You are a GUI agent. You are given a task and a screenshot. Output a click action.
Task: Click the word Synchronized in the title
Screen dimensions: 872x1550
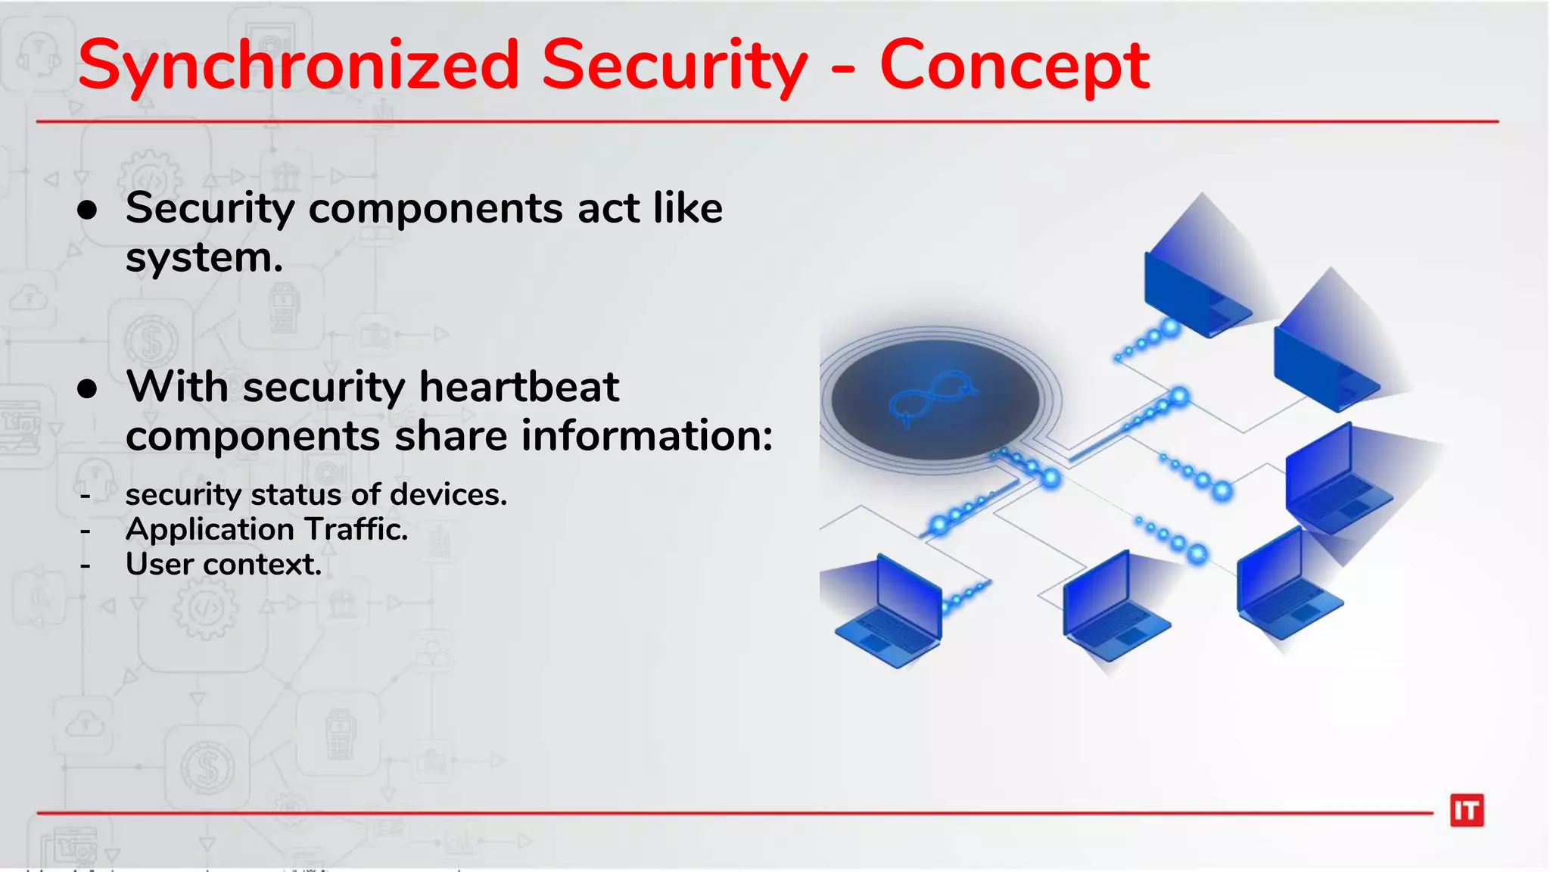(298, 67)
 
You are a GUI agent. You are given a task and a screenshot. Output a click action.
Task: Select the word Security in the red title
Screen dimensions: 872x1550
(674, 67)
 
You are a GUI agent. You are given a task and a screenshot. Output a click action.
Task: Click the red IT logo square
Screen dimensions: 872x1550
(1467, 811)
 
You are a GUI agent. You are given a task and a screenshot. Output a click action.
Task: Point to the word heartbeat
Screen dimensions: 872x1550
(519, 387)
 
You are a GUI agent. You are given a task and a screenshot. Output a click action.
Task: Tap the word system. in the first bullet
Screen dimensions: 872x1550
(204, 258)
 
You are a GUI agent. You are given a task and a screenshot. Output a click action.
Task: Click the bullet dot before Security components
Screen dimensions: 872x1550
(88, 210)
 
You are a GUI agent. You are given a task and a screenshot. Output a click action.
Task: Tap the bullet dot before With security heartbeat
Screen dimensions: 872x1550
(88, 389)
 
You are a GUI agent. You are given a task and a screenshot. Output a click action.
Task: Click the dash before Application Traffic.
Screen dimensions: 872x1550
(86, 531)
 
